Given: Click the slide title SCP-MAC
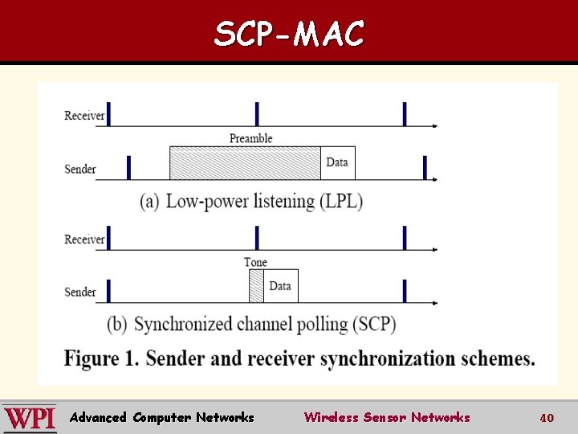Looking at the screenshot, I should coord(289,34).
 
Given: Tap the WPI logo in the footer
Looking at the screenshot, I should coord(30,418).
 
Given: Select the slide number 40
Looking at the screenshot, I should coord(547,418).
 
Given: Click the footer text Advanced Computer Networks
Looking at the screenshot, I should coord(161,417).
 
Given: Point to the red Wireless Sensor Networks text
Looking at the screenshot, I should coord(387,417).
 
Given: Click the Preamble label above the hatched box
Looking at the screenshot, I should coord(251,138).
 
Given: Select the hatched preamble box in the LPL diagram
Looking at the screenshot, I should coord(245,163).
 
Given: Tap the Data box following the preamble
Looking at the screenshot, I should coord(338,163).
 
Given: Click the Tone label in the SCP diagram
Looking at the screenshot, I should coord(255,262).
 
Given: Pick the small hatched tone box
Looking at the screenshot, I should coord(256,286).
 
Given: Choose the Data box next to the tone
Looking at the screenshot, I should coord(280,286).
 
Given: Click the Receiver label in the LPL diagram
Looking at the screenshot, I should coord(84,116).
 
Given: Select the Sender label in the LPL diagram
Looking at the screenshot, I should coord(80,169).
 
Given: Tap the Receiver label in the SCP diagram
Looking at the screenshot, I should coord(84,240).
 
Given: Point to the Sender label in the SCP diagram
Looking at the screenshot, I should coord(80,292).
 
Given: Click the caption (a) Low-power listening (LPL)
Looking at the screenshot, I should coord(251,201).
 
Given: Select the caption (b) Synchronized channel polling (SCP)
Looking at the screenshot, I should coord(251,324).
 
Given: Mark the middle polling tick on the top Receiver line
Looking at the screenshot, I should coord(257,114).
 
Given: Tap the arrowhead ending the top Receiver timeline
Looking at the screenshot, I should coord(434,126).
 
